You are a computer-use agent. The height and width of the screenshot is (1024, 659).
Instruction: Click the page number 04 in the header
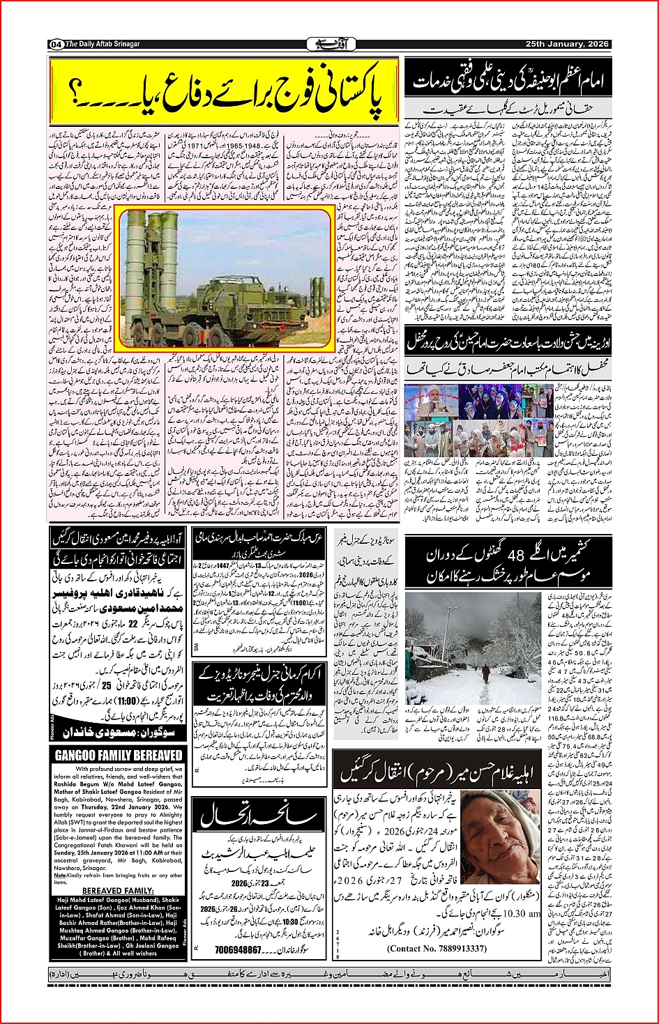coord(56,45)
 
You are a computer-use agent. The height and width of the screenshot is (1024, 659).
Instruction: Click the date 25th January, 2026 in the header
coord(567,44)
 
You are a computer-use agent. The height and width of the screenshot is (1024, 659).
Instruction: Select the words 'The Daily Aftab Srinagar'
coord(103,44)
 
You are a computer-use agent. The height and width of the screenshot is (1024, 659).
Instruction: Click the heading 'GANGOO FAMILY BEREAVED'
coord(119,756)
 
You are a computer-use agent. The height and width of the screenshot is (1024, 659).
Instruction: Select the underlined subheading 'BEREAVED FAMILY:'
coord(118,891)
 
